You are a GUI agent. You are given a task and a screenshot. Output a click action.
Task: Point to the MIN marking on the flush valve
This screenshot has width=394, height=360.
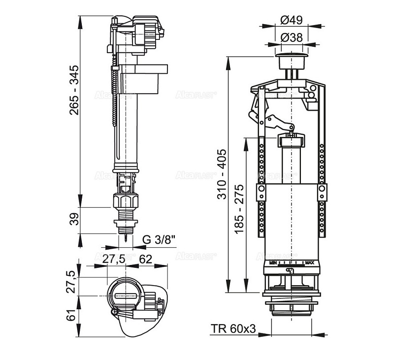[273, 262]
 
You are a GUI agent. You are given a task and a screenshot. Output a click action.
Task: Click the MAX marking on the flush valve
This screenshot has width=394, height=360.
[309, 262]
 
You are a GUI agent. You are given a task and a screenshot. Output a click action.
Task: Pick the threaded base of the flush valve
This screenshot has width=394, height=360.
[291, 308]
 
